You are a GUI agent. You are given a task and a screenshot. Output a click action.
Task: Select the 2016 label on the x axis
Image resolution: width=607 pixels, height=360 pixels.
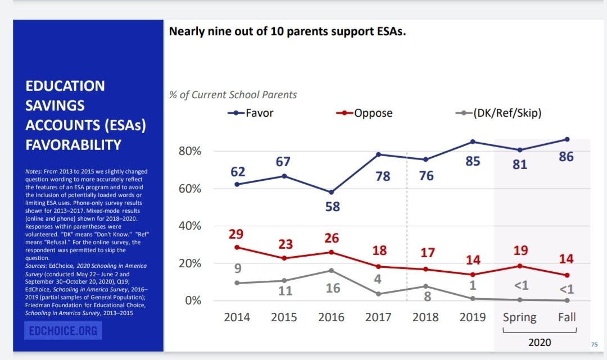[331, 317]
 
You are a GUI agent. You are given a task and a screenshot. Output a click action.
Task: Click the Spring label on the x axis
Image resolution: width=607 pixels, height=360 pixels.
[519, 317]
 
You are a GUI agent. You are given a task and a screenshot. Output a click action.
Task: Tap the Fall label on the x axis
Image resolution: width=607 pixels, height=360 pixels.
[567, 317]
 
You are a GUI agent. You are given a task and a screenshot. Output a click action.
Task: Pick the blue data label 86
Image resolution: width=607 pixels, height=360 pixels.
[566, 157]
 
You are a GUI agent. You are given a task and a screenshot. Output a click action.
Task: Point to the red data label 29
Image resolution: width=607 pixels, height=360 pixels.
[237, 233]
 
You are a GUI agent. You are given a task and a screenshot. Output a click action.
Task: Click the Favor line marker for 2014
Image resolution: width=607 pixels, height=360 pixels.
[237, 184]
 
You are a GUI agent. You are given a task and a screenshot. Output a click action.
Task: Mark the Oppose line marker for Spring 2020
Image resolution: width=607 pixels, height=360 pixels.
[520, 266]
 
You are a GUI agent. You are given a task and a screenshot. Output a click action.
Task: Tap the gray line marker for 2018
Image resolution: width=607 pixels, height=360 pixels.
[425, 286]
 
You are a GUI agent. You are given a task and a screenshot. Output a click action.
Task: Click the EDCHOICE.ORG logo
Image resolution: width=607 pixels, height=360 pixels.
[64, 331]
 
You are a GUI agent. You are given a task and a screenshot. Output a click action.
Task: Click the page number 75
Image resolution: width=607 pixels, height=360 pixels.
[594, 344]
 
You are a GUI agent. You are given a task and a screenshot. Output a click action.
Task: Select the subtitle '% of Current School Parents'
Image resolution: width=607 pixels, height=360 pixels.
[233, 95]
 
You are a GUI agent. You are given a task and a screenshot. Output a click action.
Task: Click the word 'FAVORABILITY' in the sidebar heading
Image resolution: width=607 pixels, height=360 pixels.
[74, 145]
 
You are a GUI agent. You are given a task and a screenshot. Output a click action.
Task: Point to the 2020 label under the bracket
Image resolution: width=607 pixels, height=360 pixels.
[540, 341]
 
